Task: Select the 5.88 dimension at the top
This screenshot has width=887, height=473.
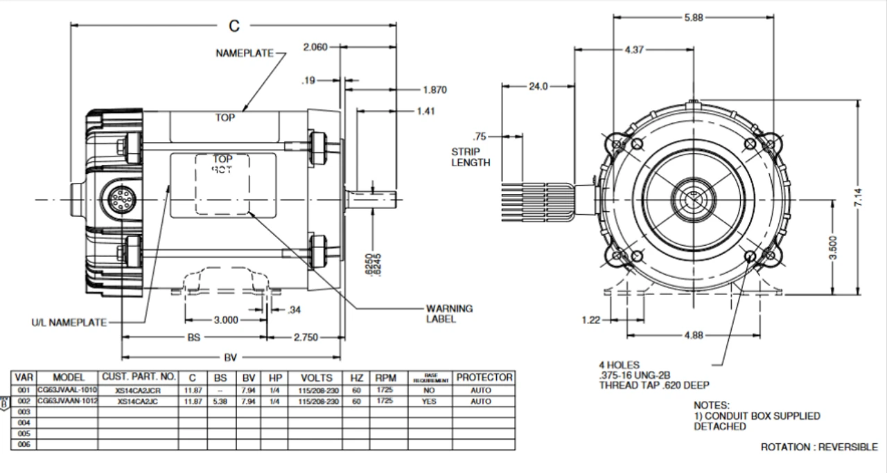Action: pyautogui.click(x=693, y=18)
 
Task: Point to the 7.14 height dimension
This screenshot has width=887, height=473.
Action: pyautogui.click(x=859, y=201)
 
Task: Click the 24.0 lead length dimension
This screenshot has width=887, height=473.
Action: pyautogui.click(x=538, y=87)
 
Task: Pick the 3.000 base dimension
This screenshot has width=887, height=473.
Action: pyautogui.click(x=225, y=320)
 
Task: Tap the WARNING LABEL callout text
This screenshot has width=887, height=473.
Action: pyautogui.click(x=449, y=314)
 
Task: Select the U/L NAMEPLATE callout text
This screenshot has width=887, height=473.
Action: pyautogui.click(x=69, y=323)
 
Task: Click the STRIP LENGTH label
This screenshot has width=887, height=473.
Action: pyautogui.click(x=471, y=157)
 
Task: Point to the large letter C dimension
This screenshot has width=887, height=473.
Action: pyautogui.click(x=234, y=26)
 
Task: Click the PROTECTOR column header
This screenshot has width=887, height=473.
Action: pyautogui.click(x=484, y=378)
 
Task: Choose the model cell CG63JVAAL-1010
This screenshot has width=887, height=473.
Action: pyautogui.click(x=69, y=391)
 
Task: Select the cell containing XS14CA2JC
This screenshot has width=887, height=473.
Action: pyautogui.click(x=139, y=402)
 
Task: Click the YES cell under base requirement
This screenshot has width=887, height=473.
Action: pyautogui.click(x=429, y=402)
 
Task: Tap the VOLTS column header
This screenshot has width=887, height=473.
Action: pyautogui.click(x=316, y=378)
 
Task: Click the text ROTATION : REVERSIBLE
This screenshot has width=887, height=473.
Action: pyautogui.click(x=818, y=447)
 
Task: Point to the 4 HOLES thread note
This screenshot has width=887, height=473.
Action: pyautogui.click(x=653, y=375)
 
